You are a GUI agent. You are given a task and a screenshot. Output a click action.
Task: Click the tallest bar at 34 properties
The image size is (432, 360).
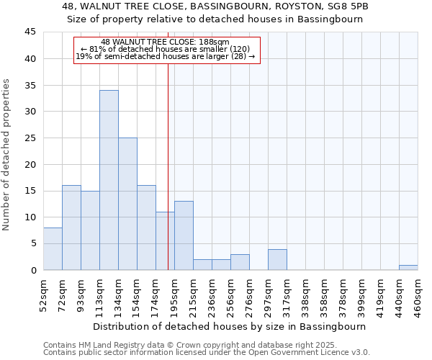coord(109,180)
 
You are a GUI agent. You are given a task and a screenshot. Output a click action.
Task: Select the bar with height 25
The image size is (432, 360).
coord(127,204)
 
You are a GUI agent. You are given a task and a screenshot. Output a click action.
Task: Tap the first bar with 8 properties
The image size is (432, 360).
coord(53,248)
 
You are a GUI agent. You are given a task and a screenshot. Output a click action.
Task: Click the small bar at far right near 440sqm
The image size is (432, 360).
coord(408,268)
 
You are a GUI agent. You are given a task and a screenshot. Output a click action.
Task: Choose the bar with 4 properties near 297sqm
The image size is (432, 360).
coord(277,259)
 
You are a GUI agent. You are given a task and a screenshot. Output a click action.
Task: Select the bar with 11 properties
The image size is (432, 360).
coord(165,240)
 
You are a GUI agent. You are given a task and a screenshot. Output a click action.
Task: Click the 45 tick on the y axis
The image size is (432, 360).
coord(30,32)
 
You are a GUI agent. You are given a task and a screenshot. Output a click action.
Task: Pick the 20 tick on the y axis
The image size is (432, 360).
coord(30,164)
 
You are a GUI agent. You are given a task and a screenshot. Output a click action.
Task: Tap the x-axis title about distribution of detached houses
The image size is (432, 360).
coord(230,326)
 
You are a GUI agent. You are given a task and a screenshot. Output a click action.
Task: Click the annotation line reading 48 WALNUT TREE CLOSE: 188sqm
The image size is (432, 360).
coord(166,42)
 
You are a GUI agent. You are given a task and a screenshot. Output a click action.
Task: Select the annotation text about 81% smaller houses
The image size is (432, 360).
coord(166,49)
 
